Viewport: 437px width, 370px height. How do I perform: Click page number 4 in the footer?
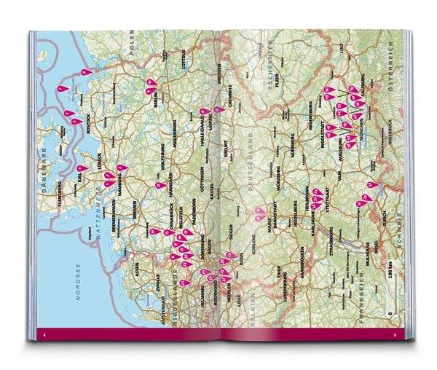(44, 315)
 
